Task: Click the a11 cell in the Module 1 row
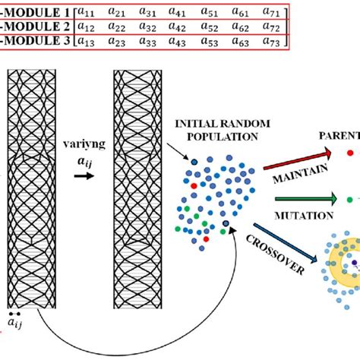coord(89,13)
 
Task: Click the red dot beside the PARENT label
coord(349,152)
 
